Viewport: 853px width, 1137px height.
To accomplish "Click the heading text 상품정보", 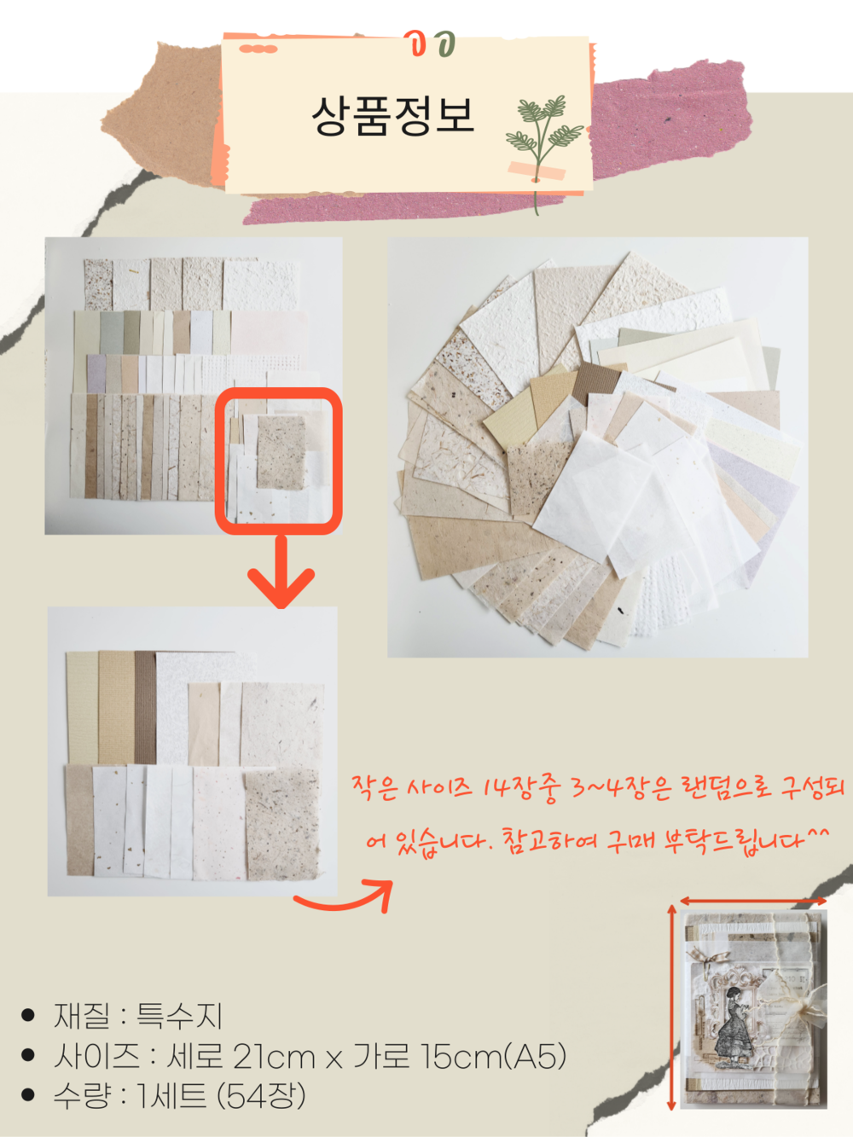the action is pyautogui.click(x=392, y=116).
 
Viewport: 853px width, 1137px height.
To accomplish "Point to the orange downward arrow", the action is pyautogui.click(x=281, y=572).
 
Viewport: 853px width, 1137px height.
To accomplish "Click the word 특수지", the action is pyautogui.click(x=179, y=1016).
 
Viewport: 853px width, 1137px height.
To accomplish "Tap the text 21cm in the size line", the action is pyautogui.click(x=274, y=1056).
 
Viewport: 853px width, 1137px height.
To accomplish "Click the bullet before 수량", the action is pyautogui.click(x=28, y=1095).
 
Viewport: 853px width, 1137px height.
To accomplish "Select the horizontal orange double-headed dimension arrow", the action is pyautogui.click(x=753, y=901).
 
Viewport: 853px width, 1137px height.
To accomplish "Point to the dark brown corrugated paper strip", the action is pyautogui.click(x=145, y=707).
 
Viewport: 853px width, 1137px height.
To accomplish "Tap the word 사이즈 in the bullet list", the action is pyautogui.click(x=96, y=1056).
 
